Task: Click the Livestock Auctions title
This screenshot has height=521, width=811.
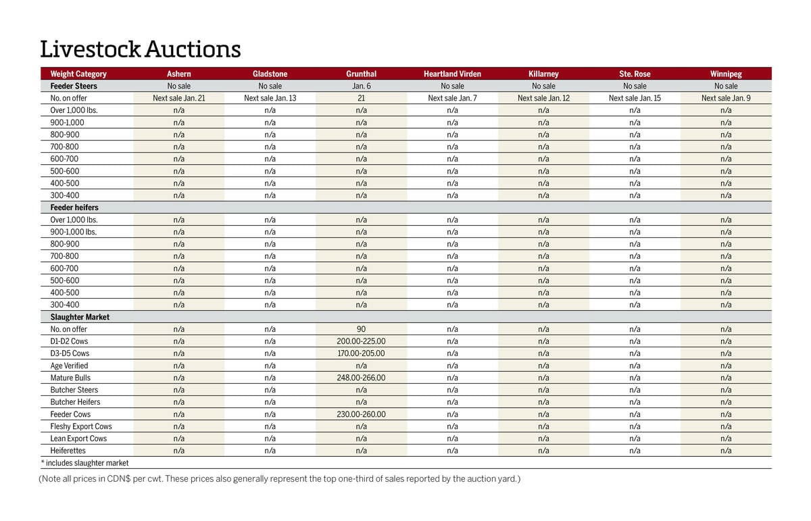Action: [x=141, y=49]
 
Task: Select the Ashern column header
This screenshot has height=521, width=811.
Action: [x=178, y=74]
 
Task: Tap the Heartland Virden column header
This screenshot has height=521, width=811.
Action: [x=452, y=74]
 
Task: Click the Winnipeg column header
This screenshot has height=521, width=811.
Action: [x=725, y=74]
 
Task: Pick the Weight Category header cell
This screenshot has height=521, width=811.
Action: [x=78, y=74]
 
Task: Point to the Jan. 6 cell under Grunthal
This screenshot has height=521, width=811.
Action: [x=361, y=86]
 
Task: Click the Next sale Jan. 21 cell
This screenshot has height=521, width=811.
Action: [x=178, y=98]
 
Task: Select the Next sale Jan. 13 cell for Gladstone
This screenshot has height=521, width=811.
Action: [x=270, y=98]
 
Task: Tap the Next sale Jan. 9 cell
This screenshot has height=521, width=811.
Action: [x=725, y=98]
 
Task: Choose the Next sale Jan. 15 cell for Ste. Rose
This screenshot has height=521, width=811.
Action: [x=635, y=98]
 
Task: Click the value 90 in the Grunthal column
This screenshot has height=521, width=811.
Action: [x=361, y=329]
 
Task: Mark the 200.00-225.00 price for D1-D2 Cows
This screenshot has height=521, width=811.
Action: [x=361, y=341]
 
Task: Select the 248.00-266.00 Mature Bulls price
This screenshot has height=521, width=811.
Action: [x=361, y=378]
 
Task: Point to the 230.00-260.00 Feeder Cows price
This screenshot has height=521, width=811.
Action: [x=361, y=414]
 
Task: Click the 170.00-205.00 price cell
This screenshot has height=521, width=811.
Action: [x=361, y=353]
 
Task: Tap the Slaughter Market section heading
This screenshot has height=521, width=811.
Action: [x=80, y=317]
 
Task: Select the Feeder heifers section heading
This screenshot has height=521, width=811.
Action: [x=74, y=207]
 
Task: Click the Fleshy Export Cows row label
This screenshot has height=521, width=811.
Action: [x=81, y=426]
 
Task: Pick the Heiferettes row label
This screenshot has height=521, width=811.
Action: [x=68, y=451]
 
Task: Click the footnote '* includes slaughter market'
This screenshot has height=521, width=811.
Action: [x=84, y=463]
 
